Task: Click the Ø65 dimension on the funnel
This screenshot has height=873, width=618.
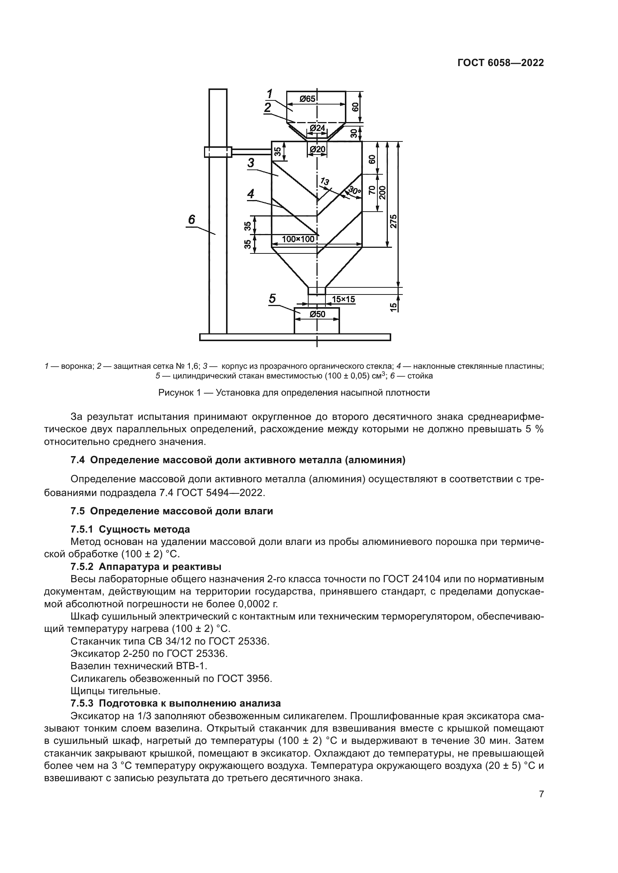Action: (308, 99)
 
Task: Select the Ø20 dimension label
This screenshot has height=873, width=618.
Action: (317, 149)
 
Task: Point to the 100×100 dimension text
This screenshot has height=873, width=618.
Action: (298, 239)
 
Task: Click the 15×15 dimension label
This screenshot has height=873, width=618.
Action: (343, 299)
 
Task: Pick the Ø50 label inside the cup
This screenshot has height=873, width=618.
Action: (317, 314)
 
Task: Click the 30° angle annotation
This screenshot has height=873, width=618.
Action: (355, 191)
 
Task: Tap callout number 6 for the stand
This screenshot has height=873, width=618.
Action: (191, 219)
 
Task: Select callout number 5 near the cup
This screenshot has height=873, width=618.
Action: (272, 299)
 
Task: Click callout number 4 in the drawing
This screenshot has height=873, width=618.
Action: (250, 194)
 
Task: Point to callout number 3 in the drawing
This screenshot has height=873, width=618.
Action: (251, 163)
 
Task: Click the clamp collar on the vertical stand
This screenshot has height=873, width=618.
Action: (218, 152)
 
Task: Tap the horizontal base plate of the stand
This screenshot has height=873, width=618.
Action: (295, 337)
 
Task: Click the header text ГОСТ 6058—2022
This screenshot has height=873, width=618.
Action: (500, 63)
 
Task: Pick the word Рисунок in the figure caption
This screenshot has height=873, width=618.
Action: (176, 393)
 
